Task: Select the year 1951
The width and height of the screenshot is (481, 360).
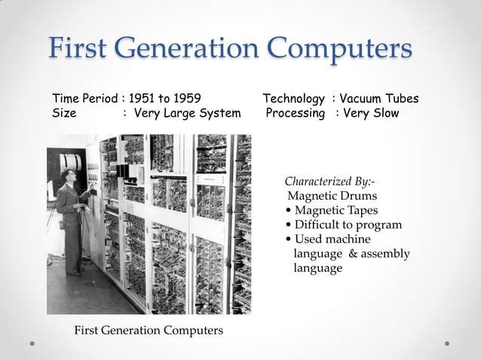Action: [142, 99]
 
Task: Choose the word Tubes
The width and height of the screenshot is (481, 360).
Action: [402, 99]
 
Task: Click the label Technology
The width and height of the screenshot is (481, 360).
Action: [294, 99]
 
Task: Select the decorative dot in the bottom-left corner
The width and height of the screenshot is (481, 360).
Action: [32, 343]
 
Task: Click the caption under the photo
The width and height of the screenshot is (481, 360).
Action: [138, 330]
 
